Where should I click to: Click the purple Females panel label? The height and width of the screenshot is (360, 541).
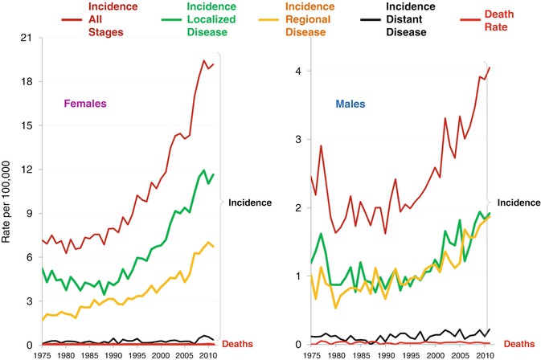tap(86, 104)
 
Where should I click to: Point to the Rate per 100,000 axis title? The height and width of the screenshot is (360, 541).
tap(10, 190)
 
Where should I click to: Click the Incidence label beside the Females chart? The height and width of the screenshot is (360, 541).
tap(251, 202)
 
